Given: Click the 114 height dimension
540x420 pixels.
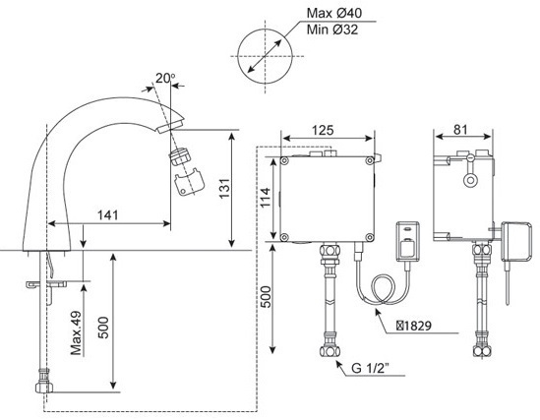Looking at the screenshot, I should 263,197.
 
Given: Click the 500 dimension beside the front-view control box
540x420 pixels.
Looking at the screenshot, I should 264,294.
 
